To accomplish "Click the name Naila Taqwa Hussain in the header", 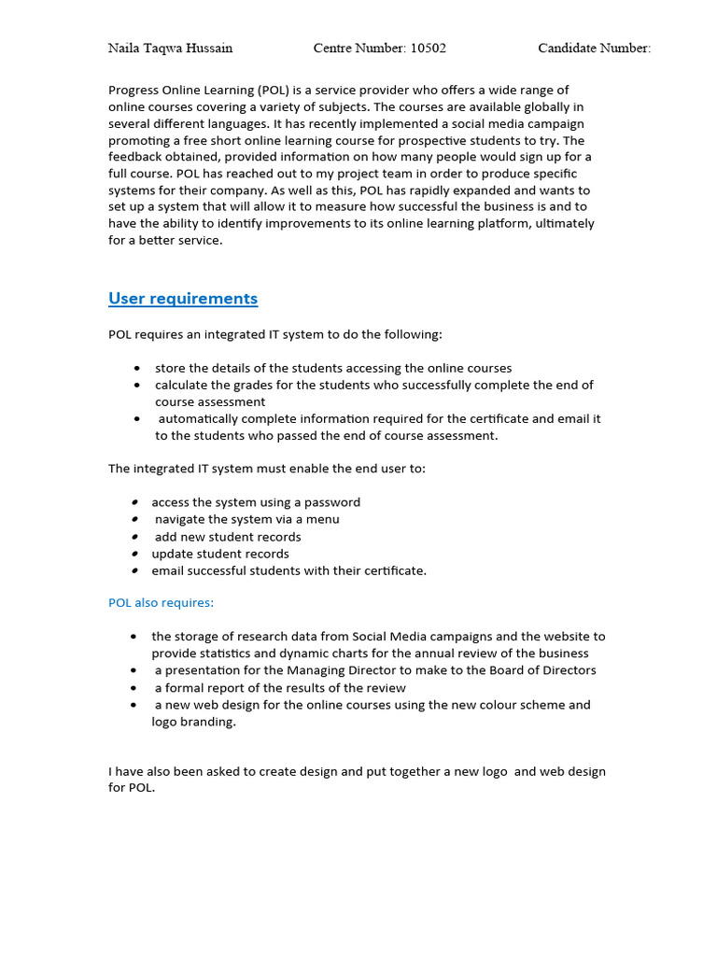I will [171, 49].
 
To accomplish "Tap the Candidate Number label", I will [594, 49].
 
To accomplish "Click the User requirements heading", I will [183, 299].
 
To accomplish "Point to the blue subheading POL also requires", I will [161, 603].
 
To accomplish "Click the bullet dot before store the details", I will [137, 369].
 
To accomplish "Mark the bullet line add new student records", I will [228, 537].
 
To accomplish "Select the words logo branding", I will [193, 722].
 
